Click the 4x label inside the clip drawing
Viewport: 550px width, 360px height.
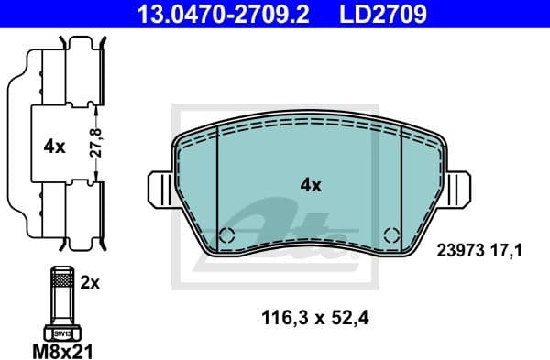click(53, 146)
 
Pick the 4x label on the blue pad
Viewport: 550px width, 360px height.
click(311, 185)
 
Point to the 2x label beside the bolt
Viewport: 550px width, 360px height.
click(90, 283)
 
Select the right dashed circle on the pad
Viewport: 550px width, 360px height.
click(390, 235)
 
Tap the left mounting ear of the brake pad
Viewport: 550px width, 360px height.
click(159, 191)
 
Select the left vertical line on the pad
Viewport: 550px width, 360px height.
click(216, 183)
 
